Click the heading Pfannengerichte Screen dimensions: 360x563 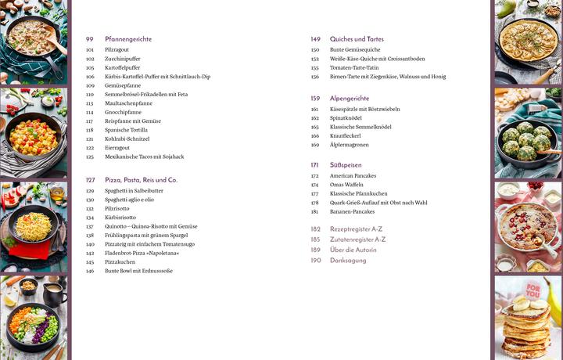pos(128,39)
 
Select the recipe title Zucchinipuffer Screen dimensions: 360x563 pos(123,59)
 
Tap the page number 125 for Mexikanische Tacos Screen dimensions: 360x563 pos(90,157)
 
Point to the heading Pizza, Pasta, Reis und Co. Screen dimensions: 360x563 pos(142,180)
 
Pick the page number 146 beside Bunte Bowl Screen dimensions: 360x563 pos(90,271)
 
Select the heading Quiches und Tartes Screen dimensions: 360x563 pos(357,39)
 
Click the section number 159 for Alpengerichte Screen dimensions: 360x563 pos(315,99)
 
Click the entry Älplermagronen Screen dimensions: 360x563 pos(350,145)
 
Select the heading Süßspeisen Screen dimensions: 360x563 pos(346,165)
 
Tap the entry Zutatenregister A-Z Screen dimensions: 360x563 pos(358,239)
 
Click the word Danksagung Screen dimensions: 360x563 pos(348,260)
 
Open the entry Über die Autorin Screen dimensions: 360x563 pos(353,250)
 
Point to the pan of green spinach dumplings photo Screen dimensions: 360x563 pos(526,143)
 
